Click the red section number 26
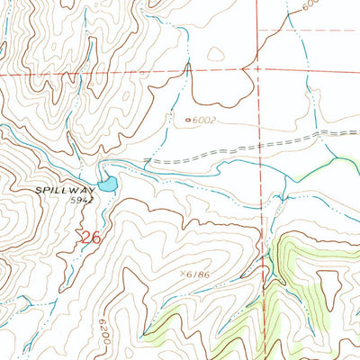coord(89,238)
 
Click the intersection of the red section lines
coord(257,68)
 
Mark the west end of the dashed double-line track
coord(147,161)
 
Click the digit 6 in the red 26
coord(94,238)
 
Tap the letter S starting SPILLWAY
coord(40,190)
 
